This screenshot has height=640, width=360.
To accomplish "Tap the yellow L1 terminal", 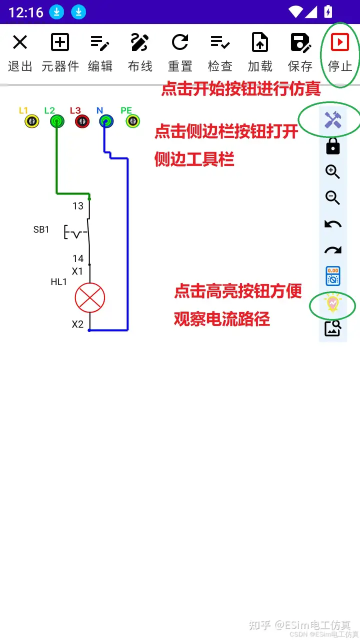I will (x=32, y=121).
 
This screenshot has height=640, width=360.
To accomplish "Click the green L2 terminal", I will (x=57, y=121).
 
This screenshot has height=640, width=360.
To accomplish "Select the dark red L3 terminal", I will (x=82, y=121).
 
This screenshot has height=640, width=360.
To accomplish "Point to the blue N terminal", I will (x=106, y=121).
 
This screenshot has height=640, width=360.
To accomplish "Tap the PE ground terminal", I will (x=132, y=121).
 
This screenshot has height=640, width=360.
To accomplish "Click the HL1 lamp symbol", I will (x=90, y=298).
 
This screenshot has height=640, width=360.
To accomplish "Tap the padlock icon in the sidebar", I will (x=333, y=146).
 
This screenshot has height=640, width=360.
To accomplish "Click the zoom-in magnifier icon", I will (x=333, y=172).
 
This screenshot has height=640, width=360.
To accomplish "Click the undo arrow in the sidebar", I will (x=333, y=224).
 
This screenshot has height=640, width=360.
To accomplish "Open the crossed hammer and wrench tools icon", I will (x=333, y=119).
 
